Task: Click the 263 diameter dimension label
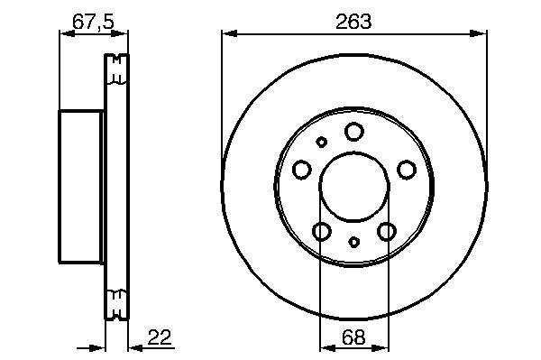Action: point(353,22)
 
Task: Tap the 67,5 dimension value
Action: point(93,22)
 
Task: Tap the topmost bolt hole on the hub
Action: point(354,132)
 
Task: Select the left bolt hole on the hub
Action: point(302,170)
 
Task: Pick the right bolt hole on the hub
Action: point(407,170)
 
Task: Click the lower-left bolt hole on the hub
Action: point(322,231)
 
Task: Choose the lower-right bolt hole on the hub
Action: point(387,231)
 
